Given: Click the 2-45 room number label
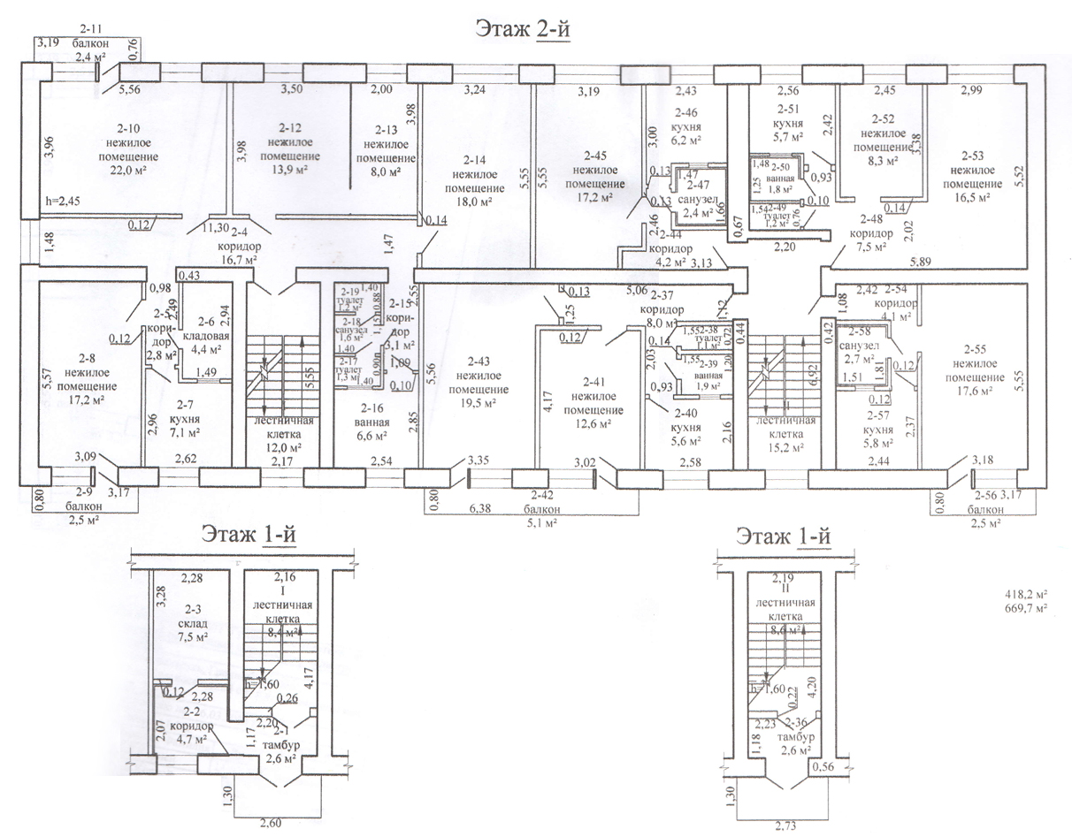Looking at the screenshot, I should click(593, 155).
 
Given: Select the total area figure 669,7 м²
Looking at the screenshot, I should click(1024, 610).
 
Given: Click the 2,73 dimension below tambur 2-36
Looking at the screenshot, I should click(785, 826).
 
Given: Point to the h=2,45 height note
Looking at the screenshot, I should click(63, 202).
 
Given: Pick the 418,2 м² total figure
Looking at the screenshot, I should click(1024, 596).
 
